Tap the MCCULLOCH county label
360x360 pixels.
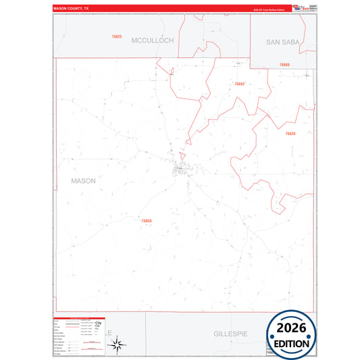click(x=153, y=41)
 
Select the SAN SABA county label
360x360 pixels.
click(x=282, y=42)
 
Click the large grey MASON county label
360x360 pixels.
click(x=83, y=181)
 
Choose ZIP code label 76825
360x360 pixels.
click(x=117, y=36)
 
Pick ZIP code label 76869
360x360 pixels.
click(x=284, y=64)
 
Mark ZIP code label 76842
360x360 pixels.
click(x=239, y=84)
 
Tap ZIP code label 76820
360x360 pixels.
click(x=290, y=134)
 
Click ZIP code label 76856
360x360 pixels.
click(x=147, y=220)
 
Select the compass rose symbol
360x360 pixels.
click(x=117, y=344)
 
